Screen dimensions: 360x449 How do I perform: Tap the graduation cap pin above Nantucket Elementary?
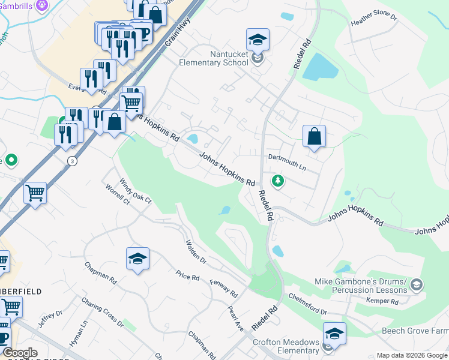(x=258, y=40)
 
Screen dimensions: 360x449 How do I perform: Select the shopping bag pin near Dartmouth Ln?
(x=314, y=136)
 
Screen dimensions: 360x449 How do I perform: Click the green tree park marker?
(x=277, y=179)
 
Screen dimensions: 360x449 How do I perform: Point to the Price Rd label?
(x=187, y=276)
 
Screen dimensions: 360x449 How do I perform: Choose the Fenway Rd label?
(x=224, y=288)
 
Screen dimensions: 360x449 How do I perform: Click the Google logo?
(x=20, y=353)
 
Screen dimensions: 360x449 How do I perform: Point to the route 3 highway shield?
(x=72, y=161)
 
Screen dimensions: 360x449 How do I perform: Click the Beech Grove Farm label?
(x=415, y=331)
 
